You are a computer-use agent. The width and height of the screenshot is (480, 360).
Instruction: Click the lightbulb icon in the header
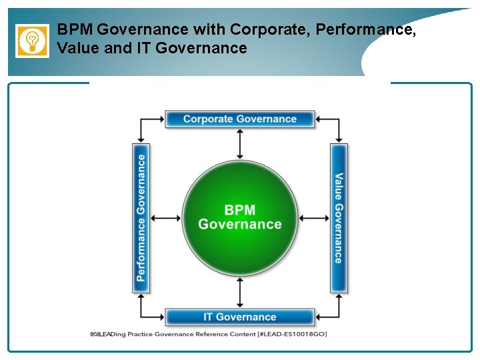[32, 41]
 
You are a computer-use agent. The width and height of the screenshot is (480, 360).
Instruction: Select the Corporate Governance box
[239, 119]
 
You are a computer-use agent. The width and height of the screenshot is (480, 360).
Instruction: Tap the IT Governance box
[239, 317]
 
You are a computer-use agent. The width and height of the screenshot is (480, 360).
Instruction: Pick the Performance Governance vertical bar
[141, 218]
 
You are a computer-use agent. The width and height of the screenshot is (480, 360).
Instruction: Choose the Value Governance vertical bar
[339, 218]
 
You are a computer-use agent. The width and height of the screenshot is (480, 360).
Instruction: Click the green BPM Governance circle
[240, 218]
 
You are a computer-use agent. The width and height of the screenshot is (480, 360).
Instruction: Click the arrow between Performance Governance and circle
[165, 218]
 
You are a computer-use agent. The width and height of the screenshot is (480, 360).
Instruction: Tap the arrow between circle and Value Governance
[314, 218]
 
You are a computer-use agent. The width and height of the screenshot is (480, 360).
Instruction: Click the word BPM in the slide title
[74, 29]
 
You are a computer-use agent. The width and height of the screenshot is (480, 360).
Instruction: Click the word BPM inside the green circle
[239, 210]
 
